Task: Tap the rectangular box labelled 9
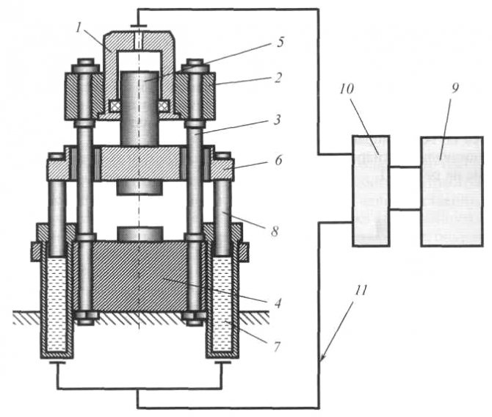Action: tap(451, 191)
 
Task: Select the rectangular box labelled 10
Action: tap(372, 191)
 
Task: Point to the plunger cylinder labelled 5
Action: tap(140, 106)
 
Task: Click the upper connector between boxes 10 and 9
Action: tap(405, 167)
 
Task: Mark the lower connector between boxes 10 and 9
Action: tap(405, 210)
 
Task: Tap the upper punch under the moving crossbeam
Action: tap(140, 188)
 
